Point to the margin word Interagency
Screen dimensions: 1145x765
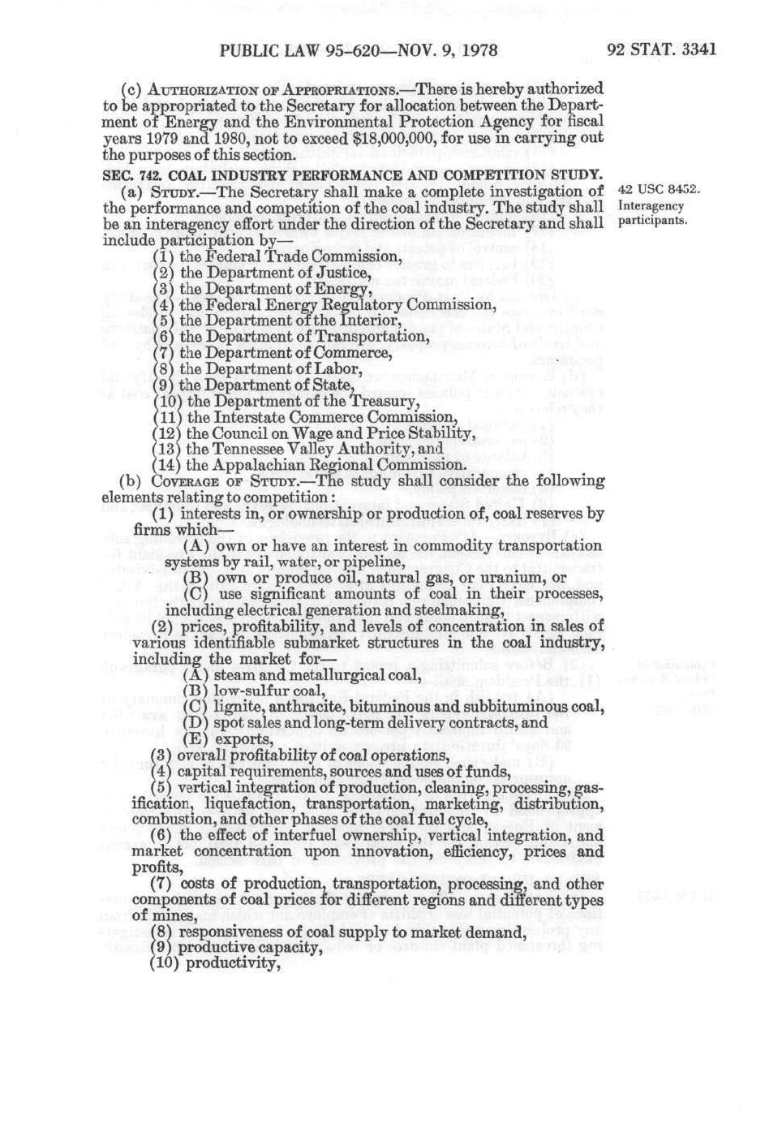click(x=651, y=206)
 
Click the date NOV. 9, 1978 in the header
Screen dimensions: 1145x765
click(x=437, y=50)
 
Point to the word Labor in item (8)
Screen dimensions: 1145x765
click(x=337, y=369)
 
